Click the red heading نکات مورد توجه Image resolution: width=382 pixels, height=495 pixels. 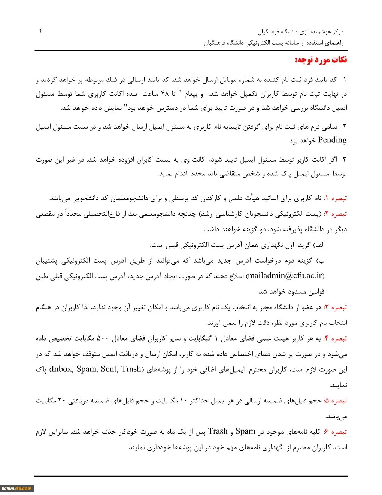(x=321, y=60)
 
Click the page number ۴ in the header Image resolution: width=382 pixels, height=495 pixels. (x=41, y=31)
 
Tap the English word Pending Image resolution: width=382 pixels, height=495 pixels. (x=332, y=140)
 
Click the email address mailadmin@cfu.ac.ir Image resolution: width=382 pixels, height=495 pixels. (x=285, y=276)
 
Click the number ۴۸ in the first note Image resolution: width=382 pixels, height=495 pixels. (x=165, y=94)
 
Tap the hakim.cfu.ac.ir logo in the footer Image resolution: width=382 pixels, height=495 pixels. (x=17, y=488)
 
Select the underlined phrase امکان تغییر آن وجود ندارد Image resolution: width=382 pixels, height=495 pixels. (x=127, y=307)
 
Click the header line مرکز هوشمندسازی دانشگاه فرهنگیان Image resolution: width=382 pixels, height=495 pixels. (x=300, y=32)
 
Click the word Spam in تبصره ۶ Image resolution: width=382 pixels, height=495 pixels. (x=245, y=432)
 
